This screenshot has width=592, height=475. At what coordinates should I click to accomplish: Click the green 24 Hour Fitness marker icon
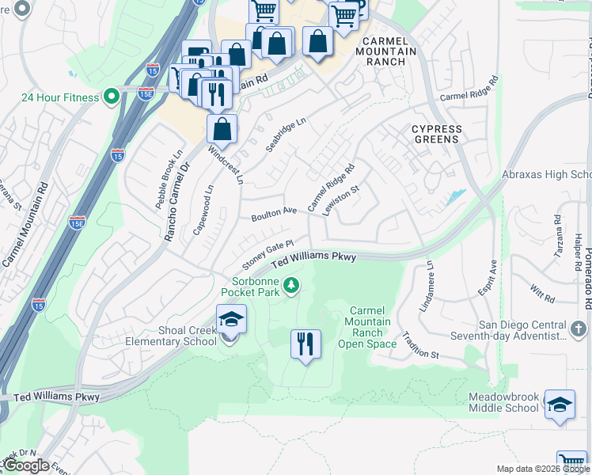112,97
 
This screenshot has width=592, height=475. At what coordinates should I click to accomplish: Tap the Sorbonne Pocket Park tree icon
291,284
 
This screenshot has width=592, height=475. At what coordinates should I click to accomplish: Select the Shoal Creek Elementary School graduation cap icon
230,319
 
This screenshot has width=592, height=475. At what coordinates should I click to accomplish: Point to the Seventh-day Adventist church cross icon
579,327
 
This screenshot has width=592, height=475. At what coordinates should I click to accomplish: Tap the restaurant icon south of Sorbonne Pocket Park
305,344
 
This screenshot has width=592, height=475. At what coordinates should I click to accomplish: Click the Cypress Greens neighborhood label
436,134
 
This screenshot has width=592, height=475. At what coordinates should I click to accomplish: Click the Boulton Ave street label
274,214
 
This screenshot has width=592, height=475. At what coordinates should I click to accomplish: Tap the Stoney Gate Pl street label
268,254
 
